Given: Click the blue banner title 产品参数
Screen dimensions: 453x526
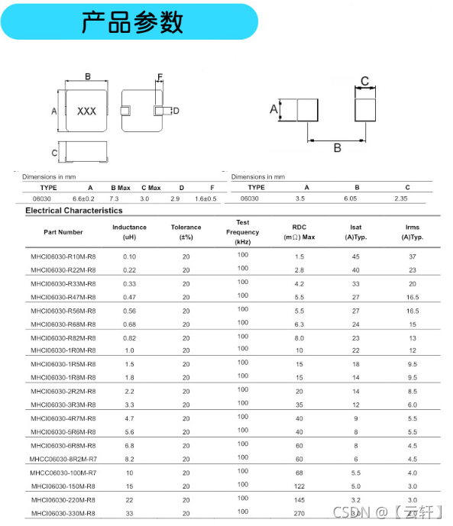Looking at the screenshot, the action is point(132,22).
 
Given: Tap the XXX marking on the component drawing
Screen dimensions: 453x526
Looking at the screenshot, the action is point(86,111).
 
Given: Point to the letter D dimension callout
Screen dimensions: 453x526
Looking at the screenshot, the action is point(176,111).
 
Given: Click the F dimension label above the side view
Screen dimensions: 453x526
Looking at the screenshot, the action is point(160,77).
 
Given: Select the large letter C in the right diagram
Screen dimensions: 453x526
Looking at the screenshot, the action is point(364,81).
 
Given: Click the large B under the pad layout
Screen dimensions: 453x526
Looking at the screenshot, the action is point(338,148).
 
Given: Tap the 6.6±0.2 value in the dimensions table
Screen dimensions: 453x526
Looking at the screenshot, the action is point(83,198).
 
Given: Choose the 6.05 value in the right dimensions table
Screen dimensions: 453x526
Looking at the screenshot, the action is point(351,198).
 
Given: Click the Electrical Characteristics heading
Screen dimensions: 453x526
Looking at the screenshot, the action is point(74,211).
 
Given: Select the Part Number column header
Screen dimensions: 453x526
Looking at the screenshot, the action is point(63,232).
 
